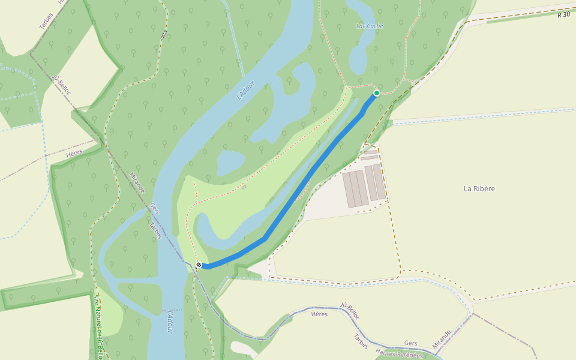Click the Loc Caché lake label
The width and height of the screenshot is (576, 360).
[x=370, y=26]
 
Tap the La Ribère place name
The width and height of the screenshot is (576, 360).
[x=479, y=188]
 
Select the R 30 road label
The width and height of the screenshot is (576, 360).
[x=563, y=14]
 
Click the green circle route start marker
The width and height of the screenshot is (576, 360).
[x=377, y=93]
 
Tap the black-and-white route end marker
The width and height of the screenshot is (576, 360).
[x=199, y=265]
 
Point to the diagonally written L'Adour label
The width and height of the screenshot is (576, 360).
[x=246, y=91]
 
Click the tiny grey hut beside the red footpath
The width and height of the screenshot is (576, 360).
[x=244, y=187]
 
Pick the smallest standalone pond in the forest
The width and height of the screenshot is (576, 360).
[x=230, y=162]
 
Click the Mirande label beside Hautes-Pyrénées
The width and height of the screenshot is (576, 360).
[x=441, y=340]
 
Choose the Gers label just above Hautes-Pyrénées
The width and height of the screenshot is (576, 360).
[x=410, y=343]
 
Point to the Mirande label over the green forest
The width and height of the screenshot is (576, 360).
[x=137, y=183]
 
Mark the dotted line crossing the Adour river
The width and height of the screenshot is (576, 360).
[x=172, y=310]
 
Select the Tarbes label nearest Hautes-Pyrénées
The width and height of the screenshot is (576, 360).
[x=361, y=341]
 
